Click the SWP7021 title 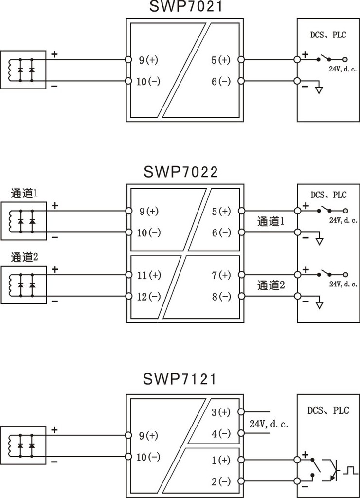tap(186, 6)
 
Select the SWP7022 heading tap(181, 172)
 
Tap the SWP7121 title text tap(180, 379)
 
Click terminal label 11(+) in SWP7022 tap(149, 275)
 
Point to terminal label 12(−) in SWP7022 tap(149, 297)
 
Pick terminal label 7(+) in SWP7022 tap(221, 275)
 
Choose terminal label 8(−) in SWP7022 tap(221, 297)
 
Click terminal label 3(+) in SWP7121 tap(221, 412)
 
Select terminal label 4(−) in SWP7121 tap(221, 433)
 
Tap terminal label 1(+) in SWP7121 tap(221, 460)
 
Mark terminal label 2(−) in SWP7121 tap(221, 481)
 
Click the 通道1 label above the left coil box tap(24, 193)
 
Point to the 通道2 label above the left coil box tap(24, 257)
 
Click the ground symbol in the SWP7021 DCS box tap(319, 90)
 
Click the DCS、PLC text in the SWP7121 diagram tap(328, 410)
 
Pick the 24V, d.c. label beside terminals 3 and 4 tap(269, 424)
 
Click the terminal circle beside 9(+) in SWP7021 tap(128, 59)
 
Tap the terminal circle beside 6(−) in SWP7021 tap(241, 81)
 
